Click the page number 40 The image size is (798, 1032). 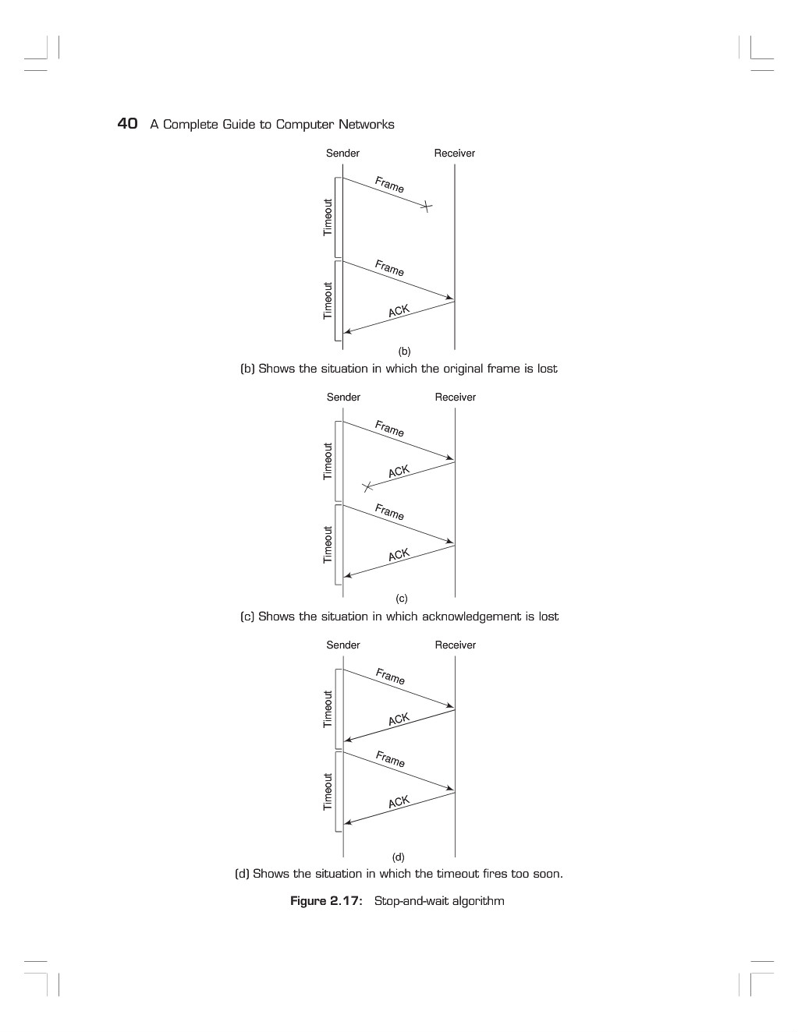(127, 123)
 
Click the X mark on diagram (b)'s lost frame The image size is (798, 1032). (427, 207)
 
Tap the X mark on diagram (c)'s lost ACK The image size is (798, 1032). (367, 487)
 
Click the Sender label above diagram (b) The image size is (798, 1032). (342, 153)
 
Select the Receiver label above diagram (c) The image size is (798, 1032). (456, 397)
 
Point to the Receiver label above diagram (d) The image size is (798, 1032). (456, 645)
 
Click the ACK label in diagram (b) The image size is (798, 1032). (399, 310)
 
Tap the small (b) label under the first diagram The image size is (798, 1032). (404, 352)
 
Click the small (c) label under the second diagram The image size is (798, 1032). (402, 599)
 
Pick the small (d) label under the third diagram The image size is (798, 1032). (399, 857)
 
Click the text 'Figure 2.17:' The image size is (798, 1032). (326, 901)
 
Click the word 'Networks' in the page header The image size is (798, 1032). (367, 125)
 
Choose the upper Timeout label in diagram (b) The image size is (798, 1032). (328, 217)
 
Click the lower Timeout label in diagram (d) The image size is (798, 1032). (328, 792)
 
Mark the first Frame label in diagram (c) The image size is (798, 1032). (389, 429)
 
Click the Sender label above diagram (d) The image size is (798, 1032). (343, 645)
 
